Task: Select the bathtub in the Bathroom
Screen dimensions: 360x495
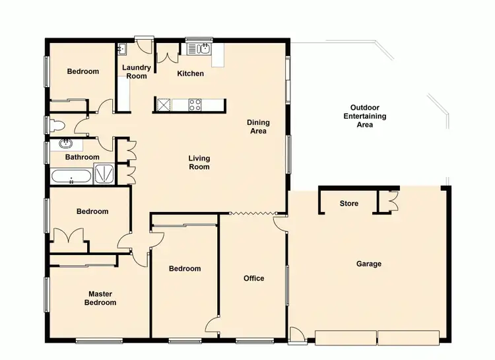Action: click(x=71, y=177)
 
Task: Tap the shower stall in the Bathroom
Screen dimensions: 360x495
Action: click(x=104, y=174)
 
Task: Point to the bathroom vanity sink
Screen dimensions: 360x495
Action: click(x=65, y=144)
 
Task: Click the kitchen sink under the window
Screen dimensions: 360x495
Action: click(x=201, y=48)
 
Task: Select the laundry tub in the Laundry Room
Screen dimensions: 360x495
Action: click(x=123, y=49)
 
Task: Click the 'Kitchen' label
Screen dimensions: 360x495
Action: click(x=190, y=73)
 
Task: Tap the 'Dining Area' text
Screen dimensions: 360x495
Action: click(x=258, y=127)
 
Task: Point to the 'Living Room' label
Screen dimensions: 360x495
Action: click(x=199, y=162)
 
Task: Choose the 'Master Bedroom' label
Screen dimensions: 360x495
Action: click(x=100, y=299)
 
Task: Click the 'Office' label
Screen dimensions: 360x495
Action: click(x=253, y=278)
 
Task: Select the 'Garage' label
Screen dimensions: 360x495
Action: click(x=369, y=264)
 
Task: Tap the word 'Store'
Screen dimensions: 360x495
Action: click(x=349, y=203)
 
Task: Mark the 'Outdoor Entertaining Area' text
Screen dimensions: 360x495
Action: click(x=368, y=116)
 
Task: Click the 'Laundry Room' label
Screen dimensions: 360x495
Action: click(x=137, y=71)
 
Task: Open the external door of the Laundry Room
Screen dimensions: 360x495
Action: click(x=145, y=45)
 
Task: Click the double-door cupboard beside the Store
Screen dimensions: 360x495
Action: click(x=389, y=201)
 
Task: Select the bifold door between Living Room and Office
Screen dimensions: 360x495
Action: click(x=250, y=213)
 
